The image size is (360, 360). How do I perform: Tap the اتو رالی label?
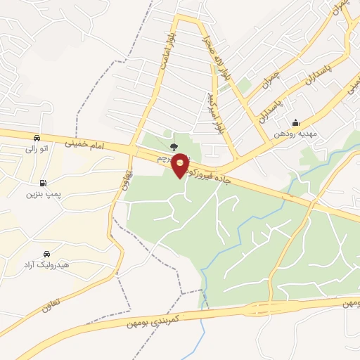point(35,149)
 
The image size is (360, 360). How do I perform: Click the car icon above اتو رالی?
point(36,138)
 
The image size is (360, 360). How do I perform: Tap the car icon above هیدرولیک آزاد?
point(46,253)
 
